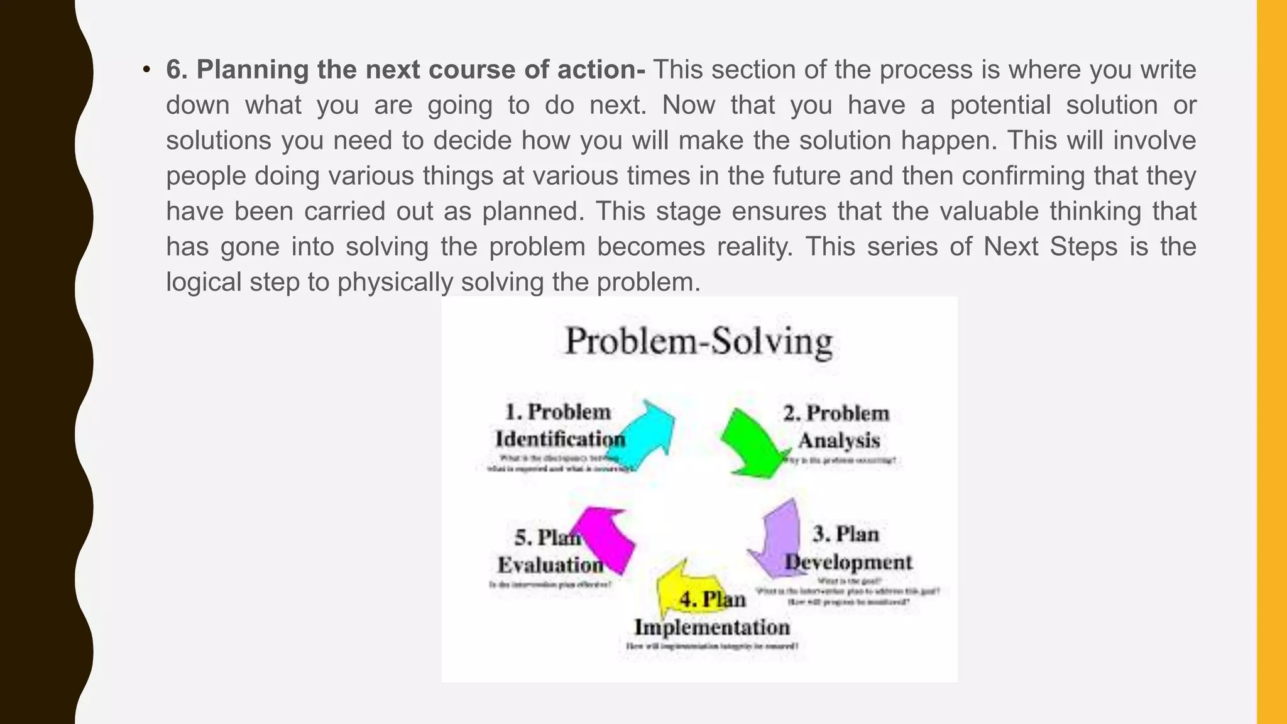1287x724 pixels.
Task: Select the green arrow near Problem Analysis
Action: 751,444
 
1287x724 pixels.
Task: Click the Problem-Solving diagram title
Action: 699,343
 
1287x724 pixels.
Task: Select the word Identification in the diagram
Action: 560,439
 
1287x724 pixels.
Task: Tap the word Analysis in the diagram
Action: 839,441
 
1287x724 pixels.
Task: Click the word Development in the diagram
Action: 848,562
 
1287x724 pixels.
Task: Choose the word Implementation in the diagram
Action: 712,627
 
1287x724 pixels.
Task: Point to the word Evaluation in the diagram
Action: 550,565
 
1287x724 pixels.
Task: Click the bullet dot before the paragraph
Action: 146,70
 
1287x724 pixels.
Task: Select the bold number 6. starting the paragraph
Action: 177,70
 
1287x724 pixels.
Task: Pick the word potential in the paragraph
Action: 1000,105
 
